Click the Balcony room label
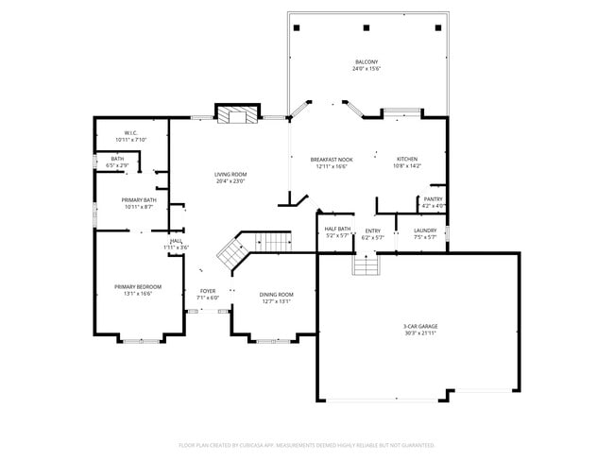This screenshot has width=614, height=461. click(366, 62)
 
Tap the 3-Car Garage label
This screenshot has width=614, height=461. click(420, 326)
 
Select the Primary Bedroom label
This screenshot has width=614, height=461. click(138, 286)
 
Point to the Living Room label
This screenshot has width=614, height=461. click(230, 174)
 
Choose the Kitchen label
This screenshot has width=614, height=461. click(407, 159)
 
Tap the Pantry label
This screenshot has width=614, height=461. click(433, 199)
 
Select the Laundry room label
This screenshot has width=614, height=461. click(424, 230)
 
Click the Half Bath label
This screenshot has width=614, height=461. click(337, 229)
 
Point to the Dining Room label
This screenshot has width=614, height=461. click(276, 294)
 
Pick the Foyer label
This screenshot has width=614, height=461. click(208, 291)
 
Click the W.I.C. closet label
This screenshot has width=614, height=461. click(131, 132)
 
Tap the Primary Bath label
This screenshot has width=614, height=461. click(138, 199)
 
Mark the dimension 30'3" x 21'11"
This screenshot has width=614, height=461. click(420, 333)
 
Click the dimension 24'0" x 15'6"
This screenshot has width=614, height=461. click(366, 69)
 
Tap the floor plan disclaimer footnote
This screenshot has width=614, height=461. click(307, 444)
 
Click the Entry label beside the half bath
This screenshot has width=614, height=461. click(373, 230)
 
